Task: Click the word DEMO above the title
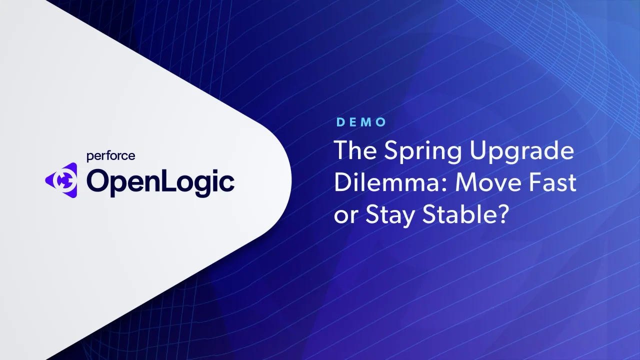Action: click(x=361, y=122)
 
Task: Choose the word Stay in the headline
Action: click(x=390, y=215)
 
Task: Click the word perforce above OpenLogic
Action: click(x=111, y=156)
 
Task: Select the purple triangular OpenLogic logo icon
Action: click(x=61, y=180)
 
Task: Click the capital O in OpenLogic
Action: click(x=97, y=180)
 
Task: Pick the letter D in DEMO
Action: click(x=340, y=122)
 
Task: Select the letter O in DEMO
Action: click(x=381, y=122)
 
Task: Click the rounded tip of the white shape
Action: click(x=291, y=180)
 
